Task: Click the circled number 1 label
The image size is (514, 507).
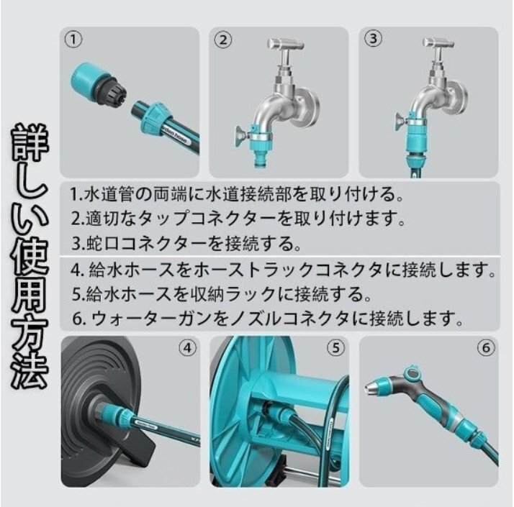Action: [73, 40]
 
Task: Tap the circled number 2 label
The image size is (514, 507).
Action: [223, 40]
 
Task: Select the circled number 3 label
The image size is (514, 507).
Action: [373, 39]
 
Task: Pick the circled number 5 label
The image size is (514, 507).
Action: [336, 348]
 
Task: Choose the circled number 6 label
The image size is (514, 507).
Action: [486, 347]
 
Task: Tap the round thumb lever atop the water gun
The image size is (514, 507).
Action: [413, 372]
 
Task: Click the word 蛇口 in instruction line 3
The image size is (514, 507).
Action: [99, 243]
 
